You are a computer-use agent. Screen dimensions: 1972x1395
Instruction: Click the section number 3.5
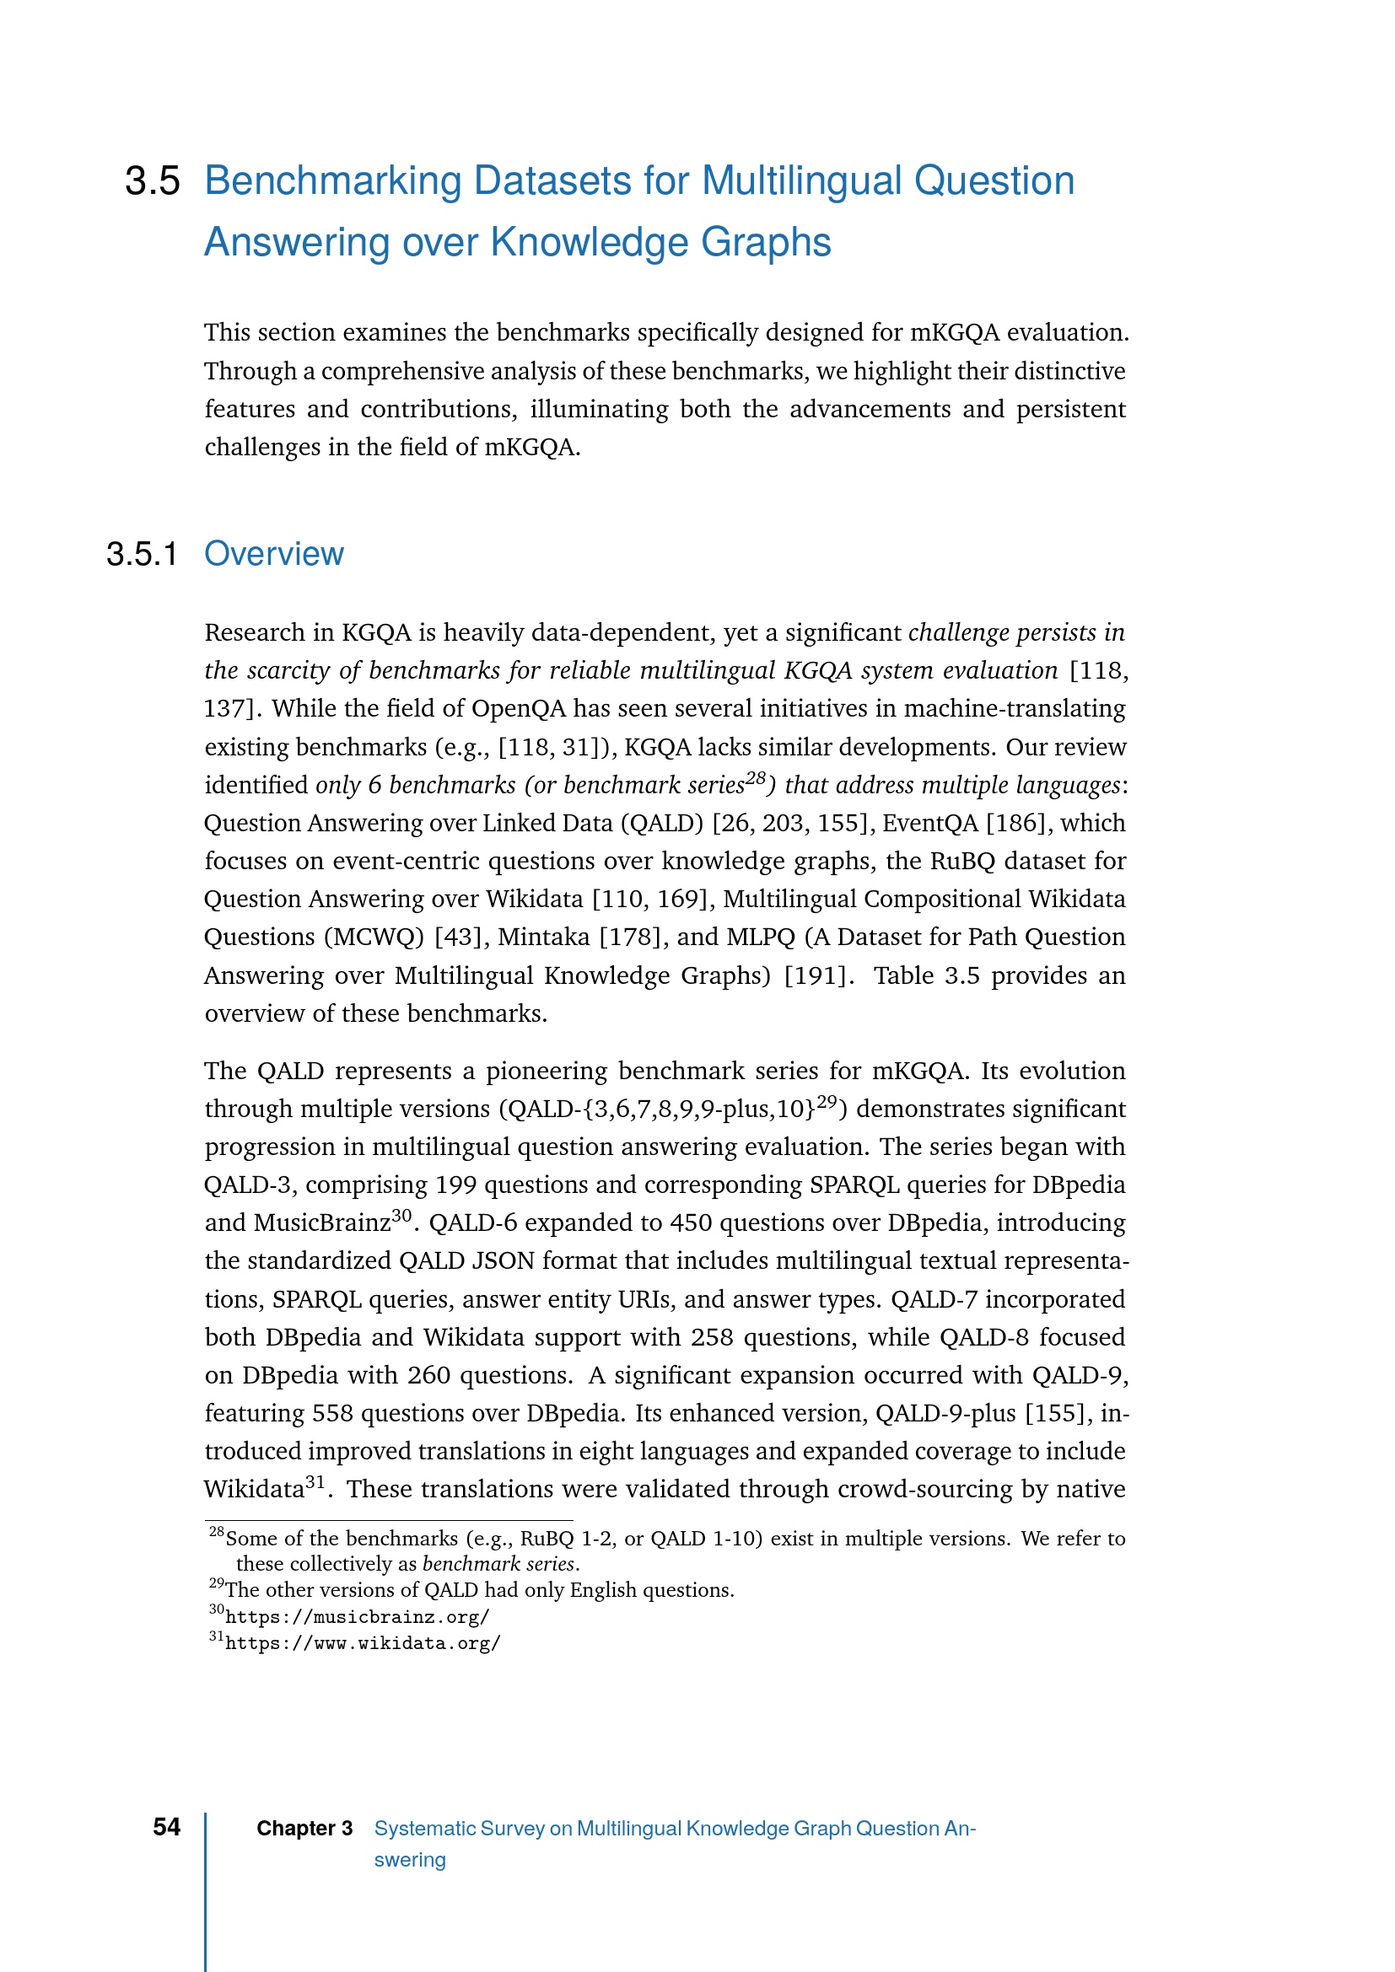(x=152, y=181)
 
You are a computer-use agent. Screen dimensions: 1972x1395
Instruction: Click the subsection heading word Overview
(x=273, y=554)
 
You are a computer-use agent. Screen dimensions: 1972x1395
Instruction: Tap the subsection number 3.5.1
(x=142, y=555)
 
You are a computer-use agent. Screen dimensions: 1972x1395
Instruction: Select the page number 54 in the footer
(x=167, y=1827)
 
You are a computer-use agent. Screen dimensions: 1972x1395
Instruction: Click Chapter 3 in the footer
(x=304, y=1829)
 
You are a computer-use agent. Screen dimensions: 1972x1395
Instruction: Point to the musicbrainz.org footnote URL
(x=358, y=1617)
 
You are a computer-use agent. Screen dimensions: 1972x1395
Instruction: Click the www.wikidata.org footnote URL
(x=363, y=1644)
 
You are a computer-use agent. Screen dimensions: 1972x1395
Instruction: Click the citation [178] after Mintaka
(x=630, y=937)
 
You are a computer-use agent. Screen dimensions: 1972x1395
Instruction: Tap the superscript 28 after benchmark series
(x=755, y=779)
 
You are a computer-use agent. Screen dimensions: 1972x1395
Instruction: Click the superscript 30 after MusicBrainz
(x=402, y=1217)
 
